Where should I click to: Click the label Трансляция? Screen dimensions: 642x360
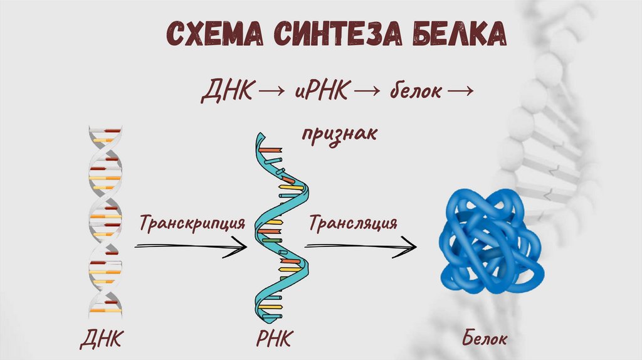coord(352,223)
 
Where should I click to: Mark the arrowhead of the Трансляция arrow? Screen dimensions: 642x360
coord(411,246)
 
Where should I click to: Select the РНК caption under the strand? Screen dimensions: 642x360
coord(275,339)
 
